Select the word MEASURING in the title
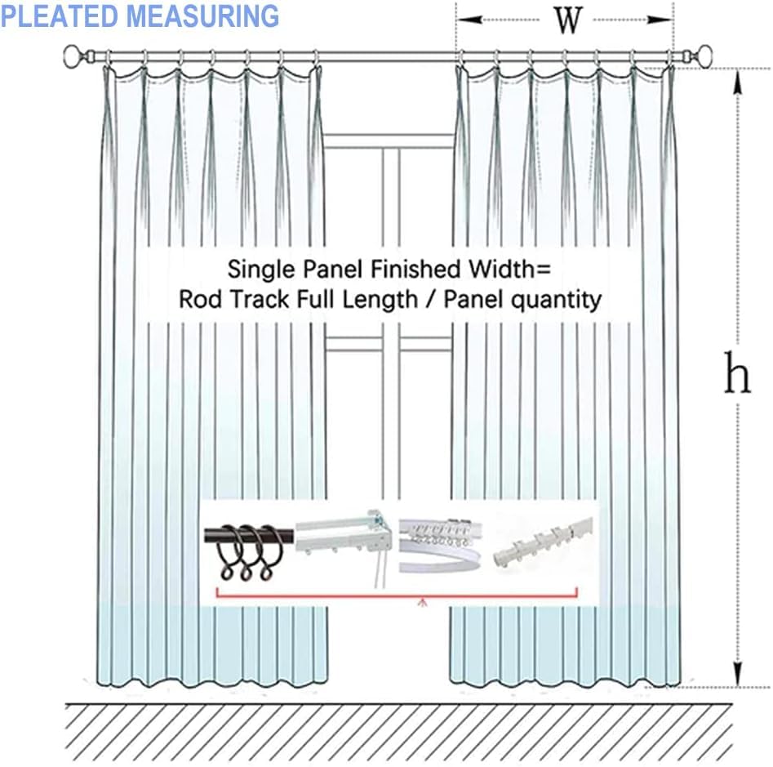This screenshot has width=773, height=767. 213,16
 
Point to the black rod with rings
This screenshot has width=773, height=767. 249,543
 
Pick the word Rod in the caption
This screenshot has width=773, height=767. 199,300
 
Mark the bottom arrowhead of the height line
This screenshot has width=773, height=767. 739,676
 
